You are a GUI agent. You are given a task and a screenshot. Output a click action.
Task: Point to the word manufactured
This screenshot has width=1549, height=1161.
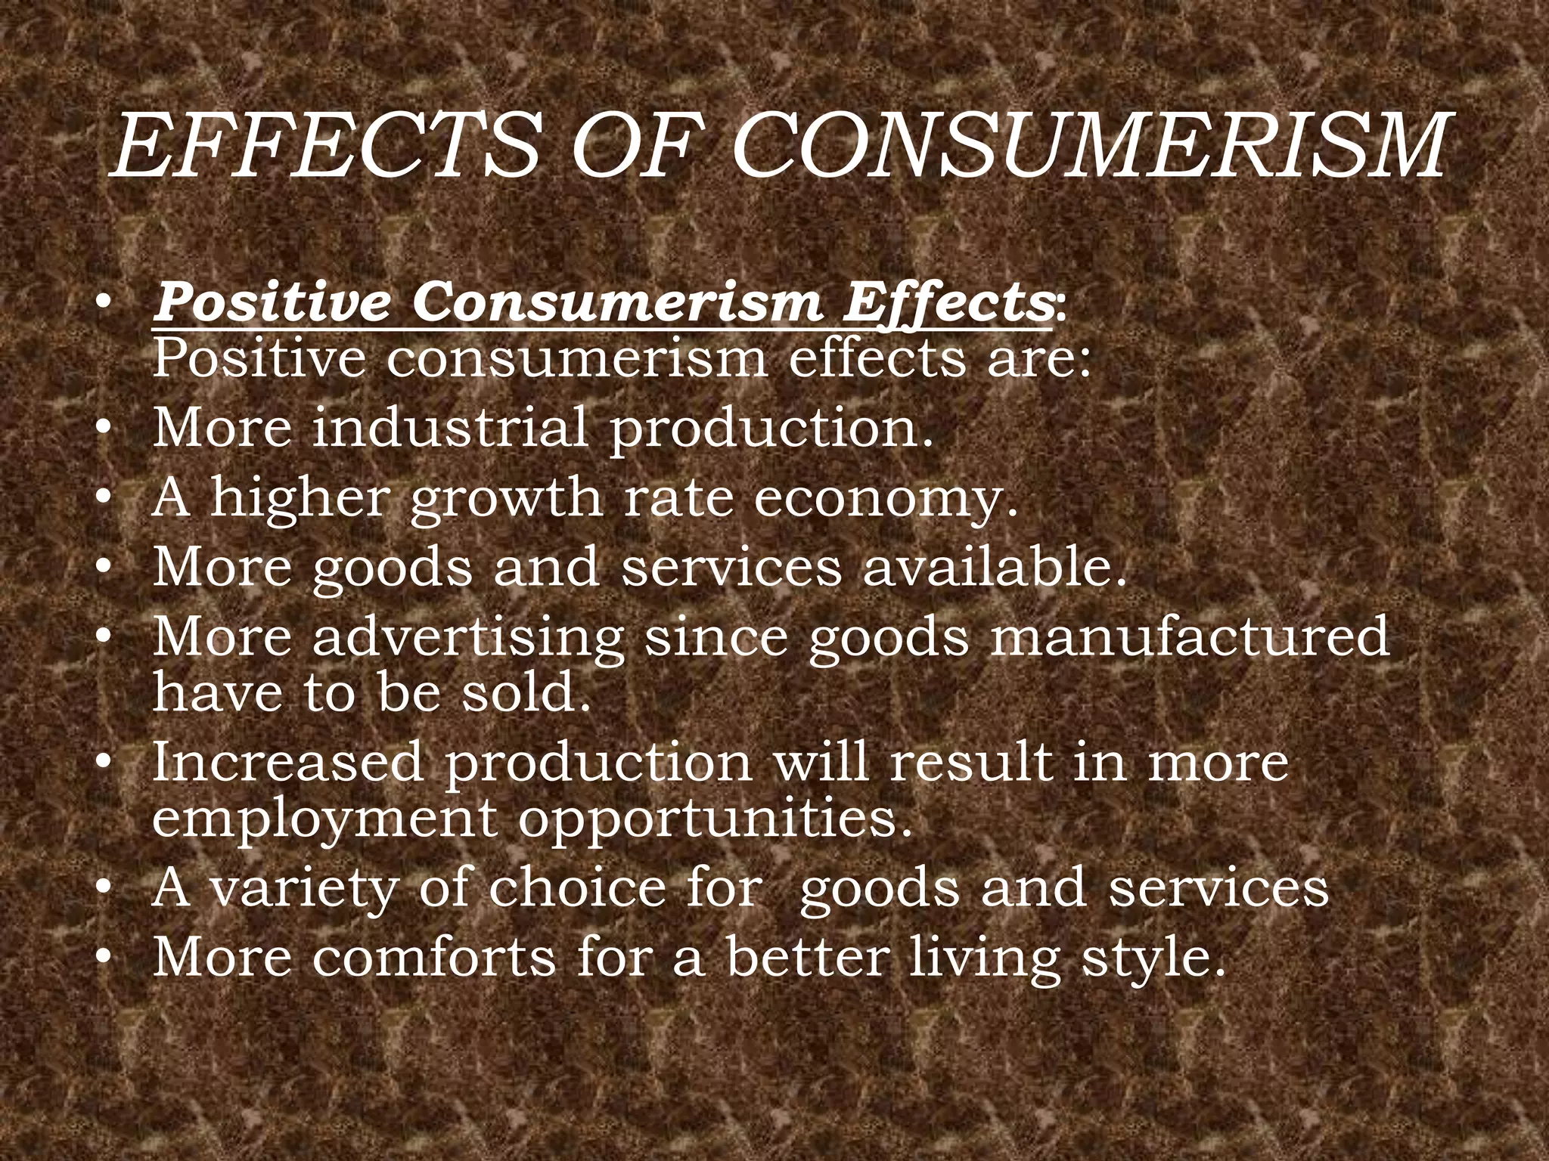click(x=1190, y=636)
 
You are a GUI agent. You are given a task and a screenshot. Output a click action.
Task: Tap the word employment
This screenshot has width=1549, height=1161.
click(x=324, y=819)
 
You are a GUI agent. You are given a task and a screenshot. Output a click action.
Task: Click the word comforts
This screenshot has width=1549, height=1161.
click(x=434, y=957)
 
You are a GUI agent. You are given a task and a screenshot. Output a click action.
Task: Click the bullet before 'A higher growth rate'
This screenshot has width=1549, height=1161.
click(x=104, y=500)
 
